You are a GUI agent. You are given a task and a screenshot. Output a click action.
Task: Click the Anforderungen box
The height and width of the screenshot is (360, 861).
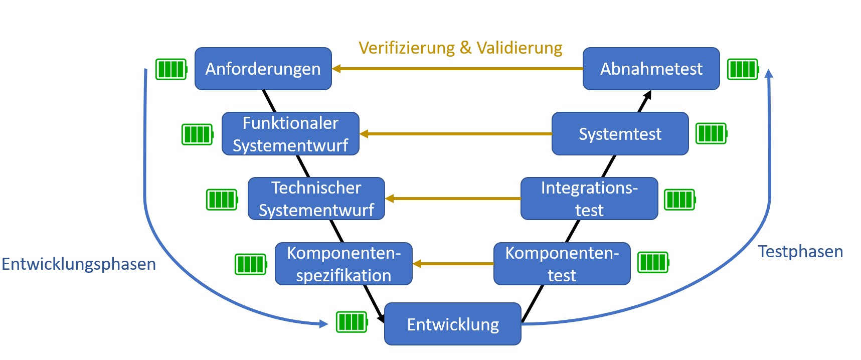point(263,69)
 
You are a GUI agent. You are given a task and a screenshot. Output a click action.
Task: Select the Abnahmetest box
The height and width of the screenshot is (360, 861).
point(651,69)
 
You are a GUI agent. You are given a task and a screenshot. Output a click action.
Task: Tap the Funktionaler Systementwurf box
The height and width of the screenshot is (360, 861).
point(290,134)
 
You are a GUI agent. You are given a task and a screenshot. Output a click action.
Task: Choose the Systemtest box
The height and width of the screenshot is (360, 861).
point(620,134)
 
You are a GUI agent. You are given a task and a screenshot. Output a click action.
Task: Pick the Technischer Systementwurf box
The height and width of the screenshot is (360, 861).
point(316,199)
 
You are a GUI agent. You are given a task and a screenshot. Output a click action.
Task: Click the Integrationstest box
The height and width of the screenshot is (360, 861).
point(589,199)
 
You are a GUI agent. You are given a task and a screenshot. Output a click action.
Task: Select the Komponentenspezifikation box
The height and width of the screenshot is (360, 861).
point(343,264)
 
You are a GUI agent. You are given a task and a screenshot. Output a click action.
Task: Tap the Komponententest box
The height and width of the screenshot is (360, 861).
point(562,264)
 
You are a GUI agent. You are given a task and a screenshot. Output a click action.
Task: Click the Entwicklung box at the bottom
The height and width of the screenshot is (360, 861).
point(453,324)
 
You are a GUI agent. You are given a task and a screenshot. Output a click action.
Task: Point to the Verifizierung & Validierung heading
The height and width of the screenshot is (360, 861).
point(460,48)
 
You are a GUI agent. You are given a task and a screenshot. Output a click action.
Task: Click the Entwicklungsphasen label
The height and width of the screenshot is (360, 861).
point(79,264)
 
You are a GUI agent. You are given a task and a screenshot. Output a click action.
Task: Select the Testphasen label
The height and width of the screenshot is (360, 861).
point(800,251)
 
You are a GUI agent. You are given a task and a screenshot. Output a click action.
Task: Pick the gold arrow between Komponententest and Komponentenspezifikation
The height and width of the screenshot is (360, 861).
point(453,264)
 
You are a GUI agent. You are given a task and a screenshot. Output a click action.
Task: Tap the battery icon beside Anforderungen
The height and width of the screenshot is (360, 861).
point(171,69)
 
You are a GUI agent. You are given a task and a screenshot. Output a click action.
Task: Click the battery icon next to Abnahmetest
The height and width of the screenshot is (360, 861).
point(743,69)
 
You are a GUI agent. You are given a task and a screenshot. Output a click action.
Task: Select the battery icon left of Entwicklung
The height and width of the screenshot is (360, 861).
point(352,322)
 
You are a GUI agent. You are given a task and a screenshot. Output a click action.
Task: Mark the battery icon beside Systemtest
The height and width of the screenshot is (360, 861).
point(712,133)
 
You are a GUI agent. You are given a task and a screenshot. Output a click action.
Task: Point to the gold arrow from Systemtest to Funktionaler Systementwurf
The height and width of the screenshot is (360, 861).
point(455,134)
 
